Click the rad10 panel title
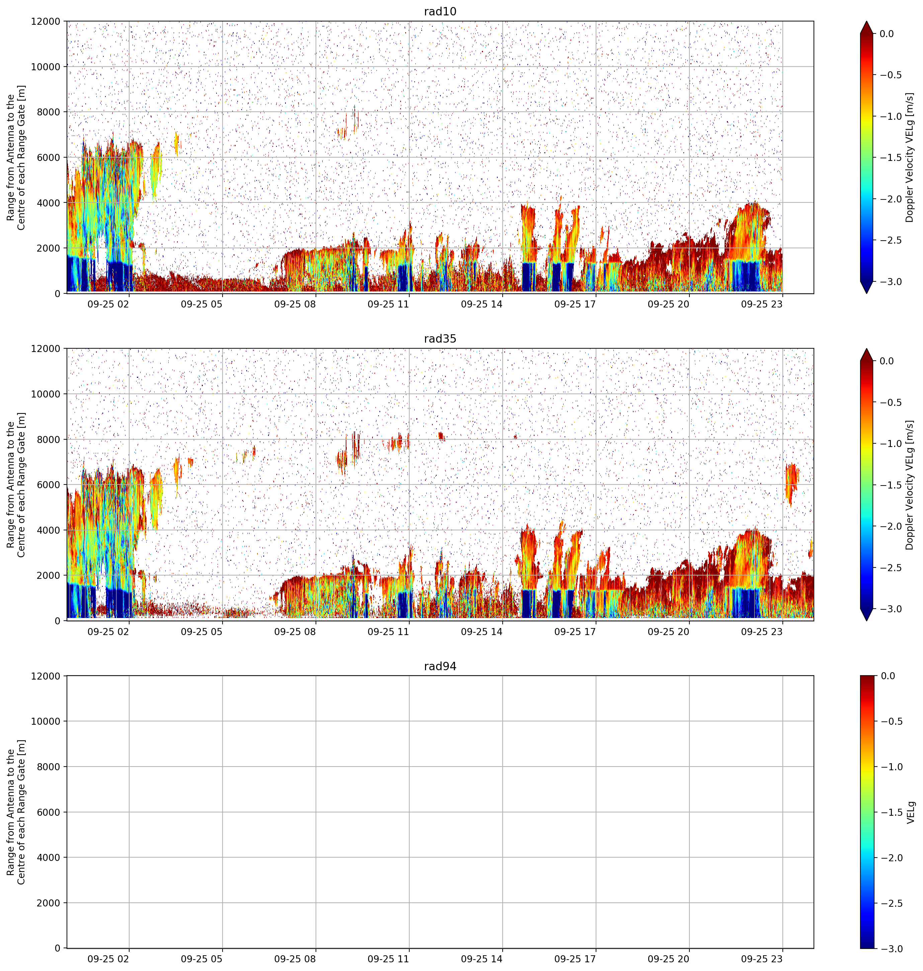click(440, 11)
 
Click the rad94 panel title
click(440, 666)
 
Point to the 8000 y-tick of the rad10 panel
click(48, 112)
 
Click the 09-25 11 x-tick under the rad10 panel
click(388, 304)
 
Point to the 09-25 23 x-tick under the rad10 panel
click(762, 304)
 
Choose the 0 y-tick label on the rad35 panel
click(57, 621)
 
